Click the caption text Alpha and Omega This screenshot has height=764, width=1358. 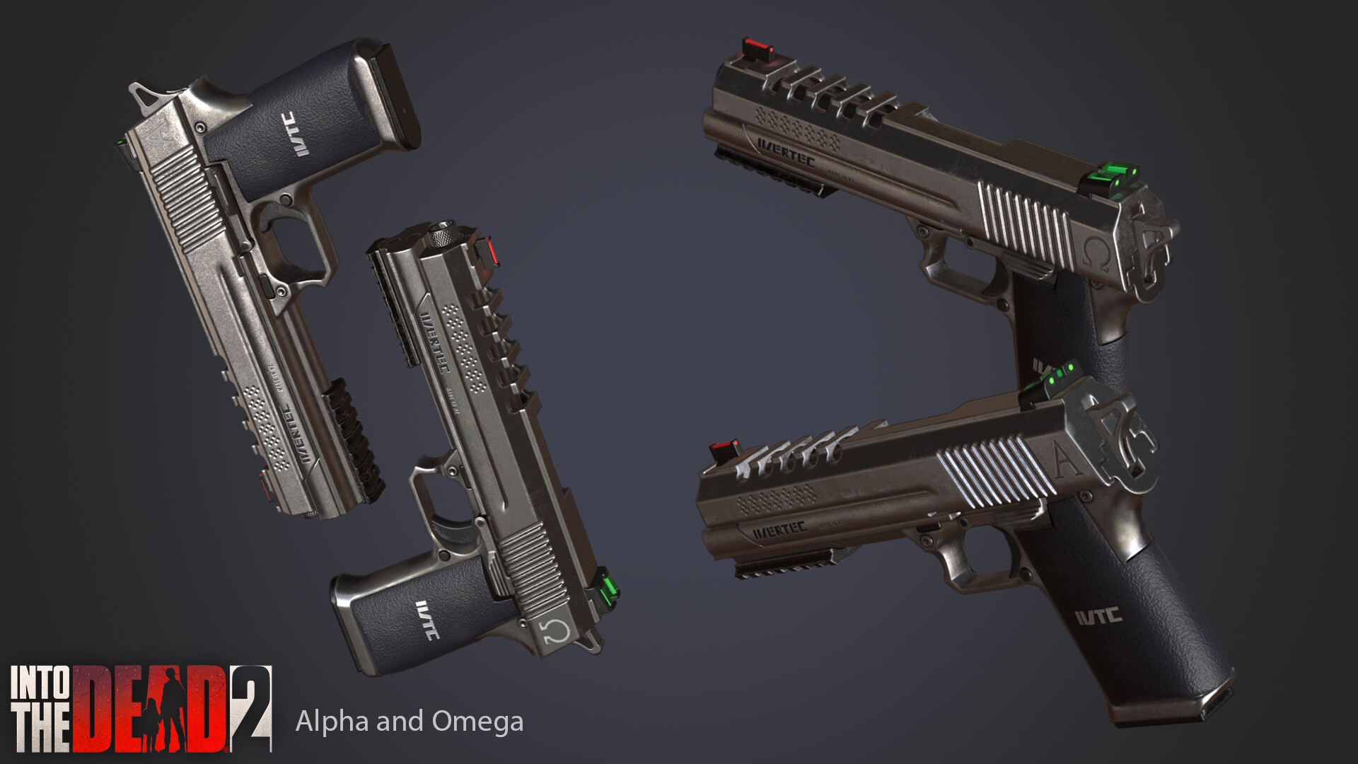coord(409,722)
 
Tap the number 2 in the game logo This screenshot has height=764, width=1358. coord(251,707)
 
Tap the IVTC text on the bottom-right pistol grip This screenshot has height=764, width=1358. coord(1098,617)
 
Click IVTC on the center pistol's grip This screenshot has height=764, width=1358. coord(427,620)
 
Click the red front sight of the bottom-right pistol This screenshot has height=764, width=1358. coord(724,448)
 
